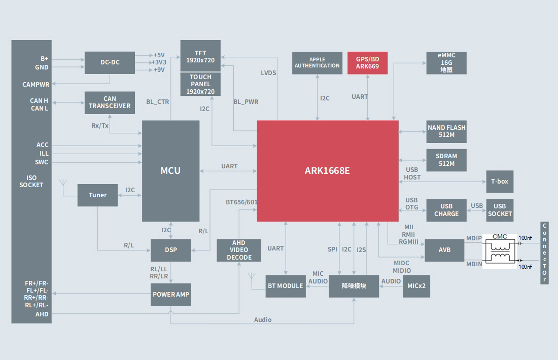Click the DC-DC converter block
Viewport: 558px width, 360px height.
click(x=110, y=62)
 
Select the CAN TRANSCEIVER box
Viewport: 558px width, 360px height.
click(x=110, y=102)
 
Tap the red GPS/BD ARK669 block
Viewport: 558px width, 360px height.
click(x=367, y=63)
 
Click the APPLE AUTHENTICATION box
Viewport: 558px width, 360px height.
click(x=317, y=63)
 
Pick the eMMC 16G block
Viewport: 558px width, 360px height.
click(x=446, y=63)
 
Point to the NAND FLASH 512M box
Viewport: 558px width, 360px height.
click(x=446, y=131)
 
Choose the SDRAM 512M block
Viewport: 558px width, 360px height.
click(x=446, y=160)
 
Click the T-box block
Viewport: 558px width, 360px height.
click(x=499, y=182)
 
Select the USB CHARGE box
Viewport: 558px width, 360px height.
click(x=446, y=210)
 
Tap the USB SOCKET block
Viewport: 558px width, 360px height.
click(x=500, y=210)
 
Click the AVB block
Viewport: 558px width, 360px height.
click(x=444, y=250)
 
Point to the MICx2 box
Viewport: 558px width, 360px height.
click(x=416, y=286)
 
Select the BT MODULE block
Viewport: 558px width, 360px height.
click(x=285, y=286)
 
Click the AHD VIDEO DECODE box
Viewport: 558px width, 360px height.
click(x=239, y=250)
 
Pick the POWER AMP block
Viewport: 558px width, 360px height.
click(x=171, y=295)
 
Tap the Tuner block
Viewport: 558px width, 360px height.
click(x=97, y=195)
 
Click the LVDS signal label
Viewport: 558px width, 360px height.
click(x=268, y=73)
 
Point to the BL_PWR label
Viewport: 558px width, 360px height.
click(x=246, y=102)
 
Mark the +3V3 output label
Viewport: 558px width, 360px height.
click(x=159, y=62)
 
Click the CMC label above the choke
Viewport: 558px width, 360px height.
click(x=500, y=237)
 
